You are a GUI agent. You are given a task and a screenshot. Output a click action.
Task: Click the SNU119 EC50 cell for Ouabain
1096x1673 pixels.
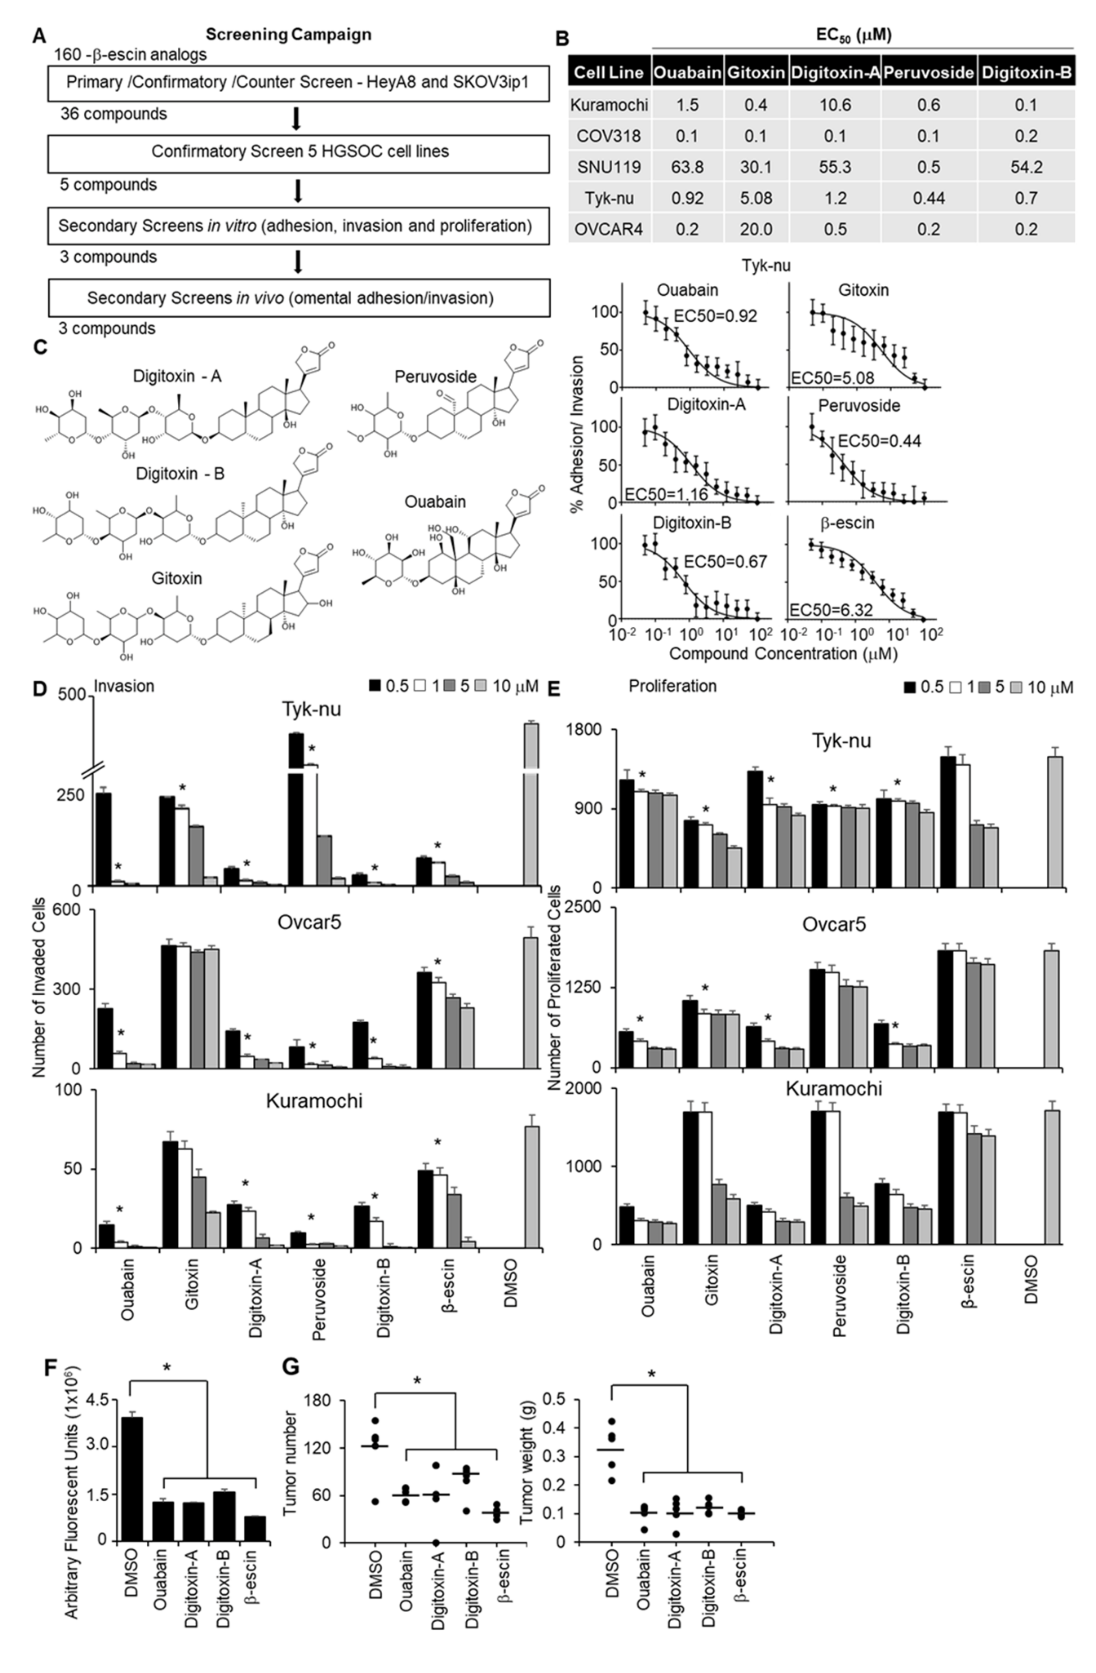687,167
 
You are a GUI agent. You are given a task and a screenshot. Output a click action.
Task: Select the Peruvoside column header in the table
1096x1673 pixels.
928,72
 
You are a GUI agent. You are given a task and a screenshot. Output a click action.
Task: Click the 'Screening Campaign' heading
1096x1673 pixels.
288,34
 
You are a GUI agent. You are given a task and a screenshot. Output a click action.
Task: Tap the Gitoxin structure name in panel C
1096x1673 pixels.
176,579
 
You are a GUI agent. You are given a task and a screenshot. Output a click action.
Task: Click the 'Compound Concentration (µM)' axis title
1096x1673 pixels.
783,654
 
